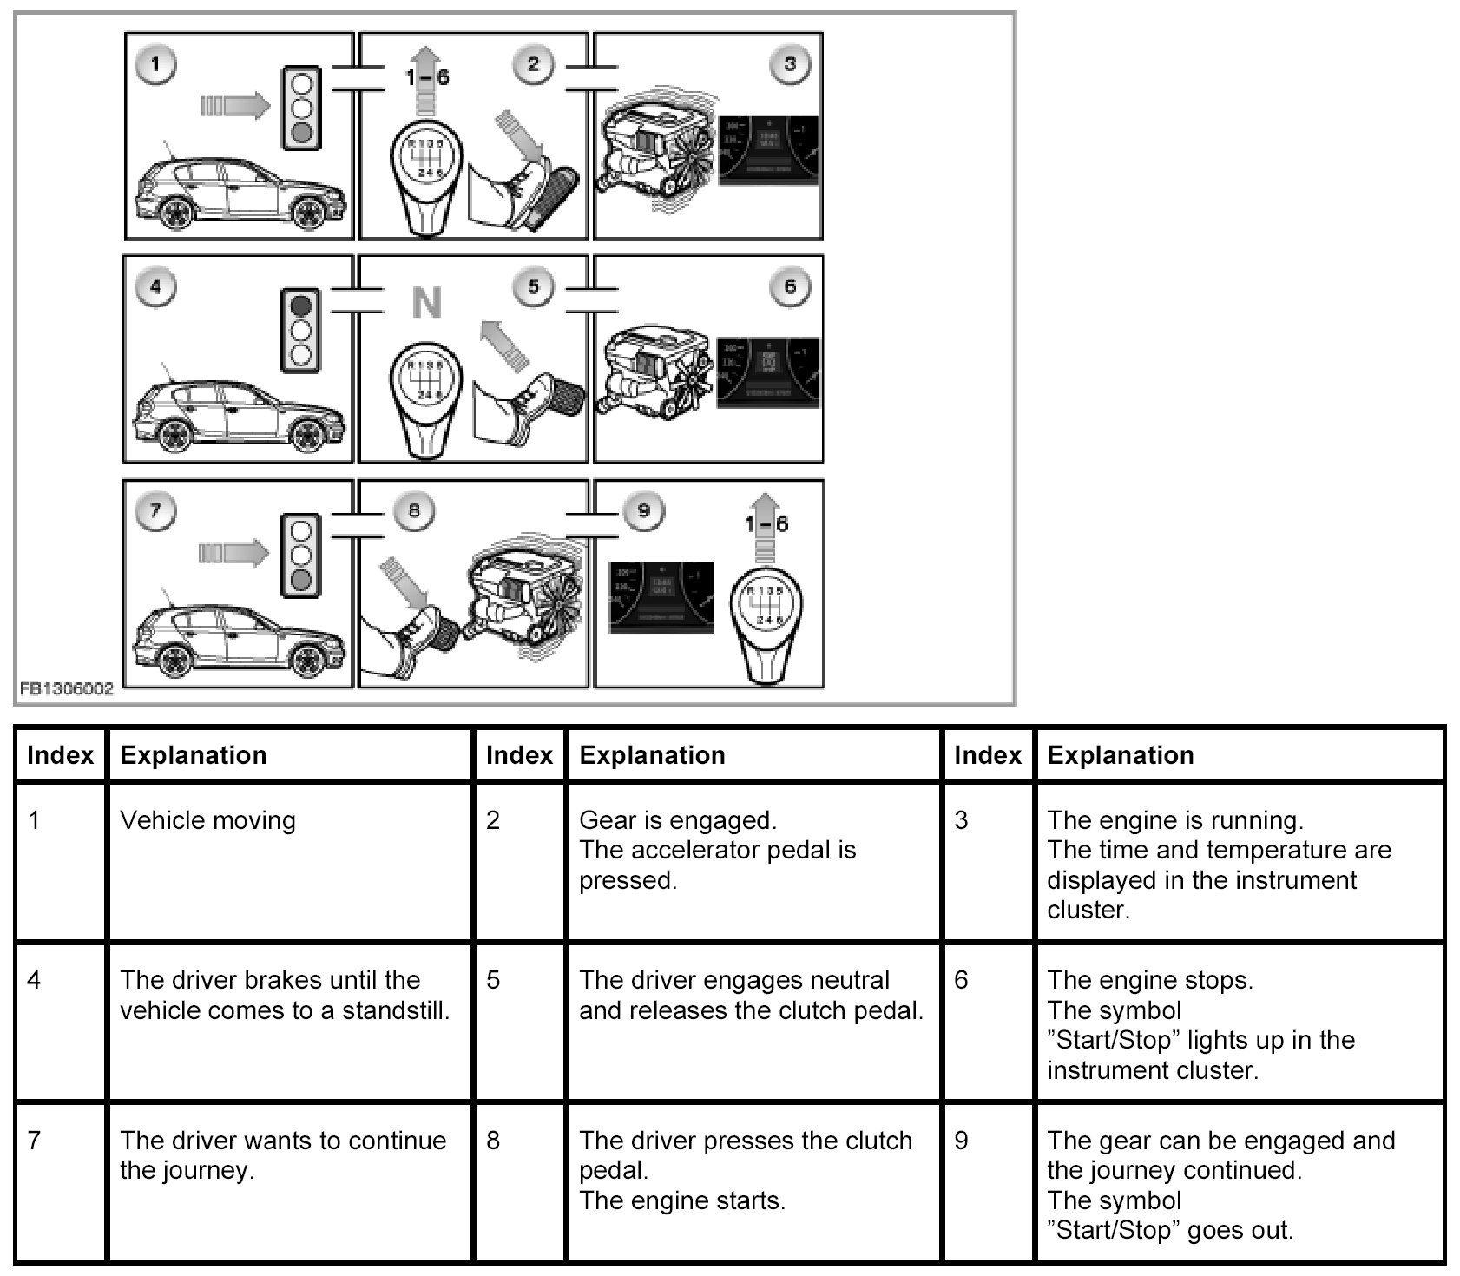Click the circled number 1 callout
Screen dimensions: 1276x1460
tap(156, 63)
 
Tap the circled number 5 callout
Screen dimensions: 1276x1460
tap(533, 286)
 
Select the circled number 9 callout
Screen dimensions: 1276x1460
tap(643, 510)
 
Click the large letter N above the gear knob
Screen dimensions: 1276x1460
tap(426, 303)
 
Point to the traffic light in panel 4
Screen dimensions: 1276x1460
tap(300, 331)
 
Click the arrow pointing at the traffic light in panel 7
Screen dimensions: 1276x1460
tap(233, 553)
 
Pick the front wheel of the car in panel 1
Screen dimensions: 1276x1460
tap(309, 212)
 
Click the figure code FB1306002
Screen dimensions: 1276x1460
tap(66, 690)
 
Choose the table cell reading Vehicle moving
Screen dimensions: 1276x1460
tap(208, 820)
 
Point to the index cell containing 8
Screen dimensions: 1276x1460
tap(493, 1140)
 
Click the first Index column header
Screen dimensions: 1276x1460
tap(60, 755)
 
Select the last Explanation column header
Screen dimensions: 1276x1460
tap(1121, 755)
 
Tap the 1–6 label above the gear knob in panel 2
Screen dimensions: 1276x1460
tap(427, 77)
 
